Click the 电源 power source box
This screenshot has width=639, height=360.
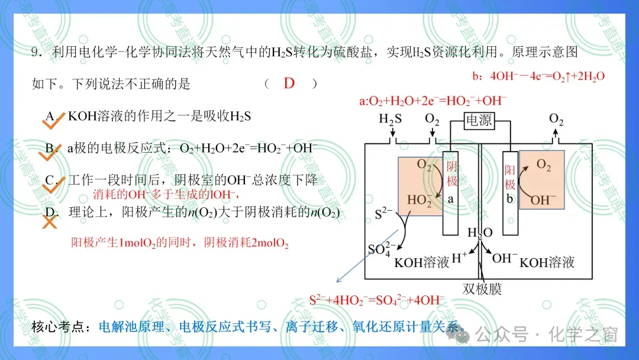480,121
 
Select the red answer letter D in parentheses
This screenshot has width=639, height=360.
289,83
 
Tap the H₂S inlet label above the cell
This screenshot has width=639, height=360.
390,119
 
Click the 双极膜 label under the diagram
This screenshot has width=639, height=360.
482,289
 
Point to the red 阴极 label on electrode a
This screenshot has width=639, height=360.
451,173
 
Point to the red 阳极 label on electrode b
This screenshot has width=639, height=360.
510,178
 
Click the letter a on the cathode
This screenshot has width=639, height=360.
450,200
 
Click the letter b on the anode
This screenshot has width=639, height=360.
509,198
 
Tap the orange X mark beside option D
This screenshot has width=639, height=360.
49,222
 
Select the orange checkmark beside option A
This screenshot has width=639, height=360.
53,121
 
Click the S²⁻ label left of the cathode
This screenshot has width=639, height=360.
383,213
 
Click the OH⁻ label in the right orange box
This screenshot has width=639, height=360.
543,200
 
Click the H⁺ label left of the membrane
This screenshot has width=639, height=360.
459,258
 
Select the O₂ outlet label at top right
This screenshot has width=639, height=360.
556,119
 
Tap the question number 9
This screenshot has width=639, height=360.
35,52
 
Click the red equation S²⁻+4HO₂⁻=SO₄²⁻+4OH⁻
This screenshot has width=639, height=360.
377,300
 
